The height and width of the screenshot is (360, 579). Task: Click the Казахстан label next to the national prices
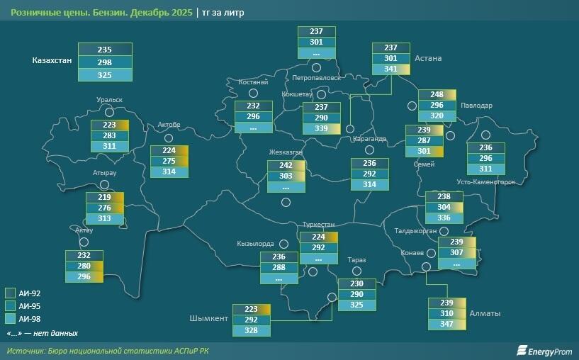[x=52, y=61]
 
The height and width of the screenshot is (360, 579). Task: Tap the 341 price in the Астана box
[x=390, y=69]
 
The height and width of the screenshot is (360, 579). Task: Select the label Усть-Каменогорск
[x=485, y=182]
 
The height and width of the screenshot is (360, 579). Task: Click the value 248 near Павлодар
[x=437, y=95]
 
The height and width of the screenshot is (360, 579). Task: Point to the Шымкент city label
[x=209, y=318]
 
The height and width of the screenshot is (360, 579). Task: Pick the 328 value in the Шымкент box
[x=252, y=331]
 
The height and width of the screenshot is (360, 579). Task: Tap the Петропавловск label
[x=317, y=77]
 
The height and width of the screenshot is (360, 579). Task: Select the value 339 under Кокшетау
[x=321, y=128]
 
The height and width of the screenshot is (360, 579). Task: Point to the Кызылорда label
[x=255, y=244]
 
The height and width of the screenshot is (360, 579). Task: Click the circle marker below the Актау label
[x=79, y=242]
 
